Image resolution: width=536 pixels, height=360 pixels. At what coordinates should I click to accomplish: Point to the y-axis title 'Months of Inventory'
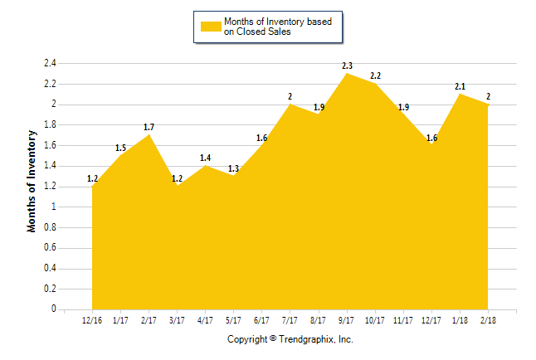click(x=32, y=180)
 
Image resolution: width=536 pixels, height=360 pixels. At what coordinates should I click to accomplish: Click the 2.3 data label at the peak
click(x=347, y=66)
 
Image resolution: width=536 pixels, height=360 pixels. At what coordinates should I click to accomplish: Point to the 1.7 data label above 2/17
click(x=149, y=127)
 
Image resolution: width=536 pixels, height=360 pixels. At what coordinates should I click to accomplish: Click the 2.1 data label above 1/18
click(x=460, y=86)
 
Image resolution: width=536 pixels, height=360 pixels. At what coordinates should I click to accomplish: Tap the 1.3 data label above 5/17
click(x=233, y=168)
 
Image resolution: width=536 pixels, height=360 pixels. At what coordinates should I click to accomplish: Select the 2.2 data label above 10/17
click(x=375, y=75)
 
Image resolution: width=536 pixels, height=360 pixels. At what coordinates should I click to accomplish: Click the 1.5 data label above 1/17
click(x=120, y=148)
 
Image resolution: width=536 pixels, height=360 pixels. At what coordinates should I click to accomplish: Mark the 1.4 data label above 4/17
click(x=205, y=158)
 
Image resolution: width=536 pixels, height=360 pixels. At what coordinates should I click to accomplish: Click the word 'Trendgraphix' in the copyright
click(x=307, y=340)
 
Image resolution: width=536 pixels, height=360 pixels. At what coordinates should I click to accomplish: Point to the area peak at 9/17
click(x=346, y=74)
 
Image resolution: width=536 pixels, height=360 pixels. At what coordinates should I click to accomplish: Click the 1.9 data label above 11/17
click(x=403, y=107)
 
